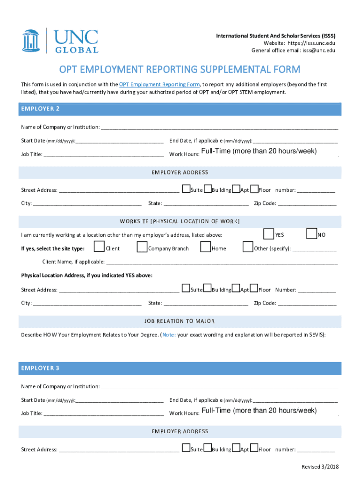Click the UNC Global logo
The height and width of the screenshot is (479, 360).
60,40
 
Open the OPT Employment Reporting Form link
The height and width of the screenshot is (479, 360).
159,85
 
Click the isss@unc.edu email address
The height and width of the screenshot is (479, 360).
319,51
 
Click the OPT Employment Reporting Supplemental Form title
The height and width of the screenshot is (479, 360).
180,70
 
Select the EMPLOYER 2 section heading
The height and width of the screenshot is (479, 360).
40,109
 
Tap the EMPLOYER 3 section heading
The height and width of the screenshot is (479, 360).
40,368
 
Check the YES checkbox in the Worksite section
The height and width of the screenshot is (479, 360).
269,234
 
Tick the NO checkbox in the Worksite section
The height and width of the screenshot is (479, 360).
311,234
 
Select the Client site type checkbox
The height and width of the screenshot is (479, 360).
99,247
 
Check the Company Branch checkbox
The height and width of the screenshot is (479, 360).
142,247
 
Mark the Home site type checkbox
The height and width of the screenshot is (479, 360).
205,247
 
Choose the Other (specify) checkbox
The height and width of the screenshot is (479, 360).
248,247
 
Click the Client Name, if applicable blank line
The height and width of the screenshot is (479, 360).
222,262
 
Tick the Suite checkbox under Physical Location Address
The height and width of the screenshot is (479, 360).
186,288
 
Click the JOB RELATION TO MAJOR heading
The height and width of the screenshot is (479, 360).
180,321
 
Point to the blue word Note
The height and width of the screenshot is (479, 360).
168,335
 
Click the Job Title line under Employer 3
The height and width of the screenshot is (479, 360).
103,414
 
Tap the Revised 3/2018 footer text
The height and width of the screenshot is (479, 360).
320,467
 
